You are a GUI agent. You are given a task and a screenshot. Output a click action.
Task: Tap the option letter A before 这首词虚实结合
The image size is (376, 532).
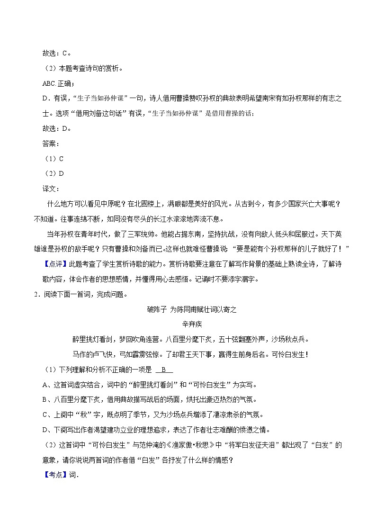click(x=45, y=385)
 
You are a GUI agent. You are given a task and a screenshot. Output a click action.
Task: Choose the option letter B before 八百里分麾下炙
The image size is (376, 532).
click(x=45, y=399)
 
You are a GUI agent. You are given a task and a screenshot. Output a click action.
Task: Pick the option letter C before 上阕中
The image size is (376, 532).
click(x=45, y=415)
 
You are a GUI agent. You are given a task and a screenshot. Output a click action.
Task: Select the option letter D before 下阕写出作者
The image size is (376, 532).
click(x=45, y=430)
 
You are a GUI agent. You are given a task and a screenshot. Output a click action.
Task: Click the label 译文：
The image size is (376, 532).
click(x=51, y=189)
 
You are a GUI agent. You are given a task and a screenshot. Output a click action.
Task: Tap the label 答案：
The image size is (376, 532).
click(x=51, y=144)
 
